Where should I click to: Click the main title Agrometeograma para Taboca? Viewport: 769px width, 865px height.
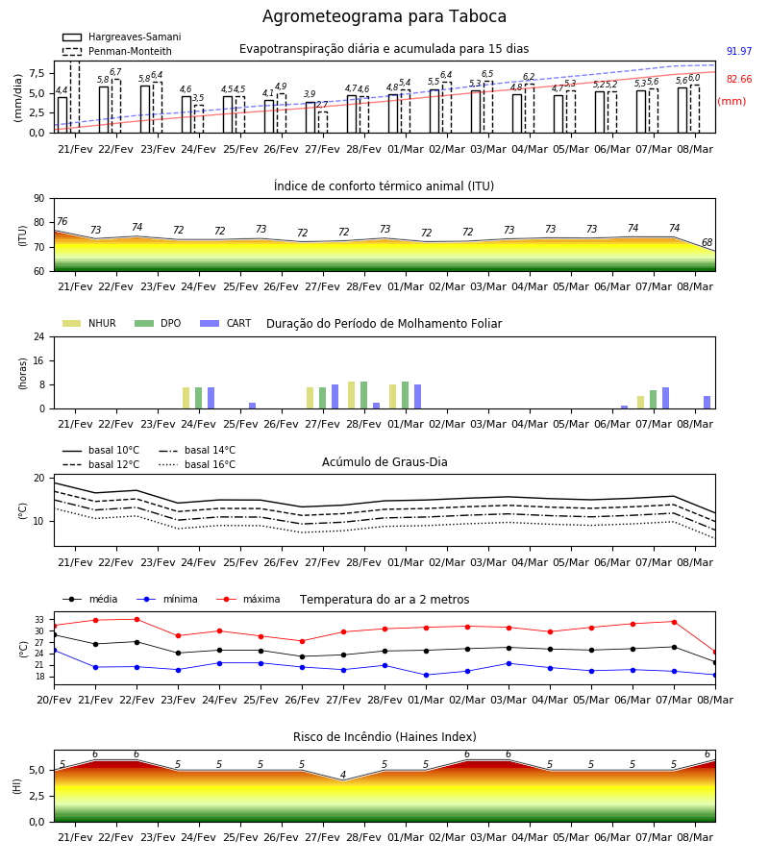point(384,16)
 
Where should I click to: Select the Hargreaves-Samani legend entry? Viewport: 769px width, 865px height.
point(121,37)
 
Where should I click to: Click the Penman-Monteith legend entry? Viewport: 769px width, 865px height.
point(117,51)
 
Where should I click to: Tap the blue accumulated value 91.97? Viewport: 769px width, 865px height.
point(739,51)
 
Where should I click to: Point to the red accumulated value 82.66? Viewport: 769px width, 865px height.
point(739,79)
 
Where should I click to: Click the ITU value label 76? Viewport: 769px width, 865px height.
point(62,221)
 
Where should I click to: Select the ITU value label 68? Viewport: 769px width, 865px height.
point(707,242)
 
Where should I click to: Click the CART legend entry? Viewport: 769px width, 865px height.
point(226,323)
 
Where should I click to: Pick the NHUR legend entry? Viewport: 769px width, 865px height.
point(89,323)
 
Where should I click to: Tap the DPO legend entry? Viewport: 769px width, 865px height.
point(158,323)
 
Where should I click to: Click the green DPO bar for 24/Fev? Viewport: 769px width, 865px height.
point(199,398)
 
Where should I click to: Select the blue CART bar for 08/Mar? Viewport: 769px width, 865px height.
point(707,403)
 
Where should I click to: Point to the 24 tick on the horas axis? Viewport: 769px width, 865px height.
point(39,336)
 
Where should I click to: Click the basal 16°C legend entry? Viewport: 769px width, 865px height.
point(197,464)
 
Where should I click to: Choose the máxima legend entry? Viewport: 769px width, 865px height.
point(248,599)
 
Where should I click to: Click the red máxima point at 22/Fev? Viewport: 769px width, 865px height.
point(136,619)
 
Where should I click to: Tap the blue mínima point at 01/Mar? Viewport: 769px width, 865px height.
point(427,675)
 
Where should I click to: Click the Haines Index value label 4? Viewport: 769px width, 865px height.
point(343,775)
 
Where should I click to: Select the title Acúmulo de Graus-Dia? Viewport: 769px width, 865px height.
point(384,462)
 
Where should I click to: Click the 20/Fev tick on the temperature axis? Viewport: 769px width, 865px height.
point(54,700)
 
